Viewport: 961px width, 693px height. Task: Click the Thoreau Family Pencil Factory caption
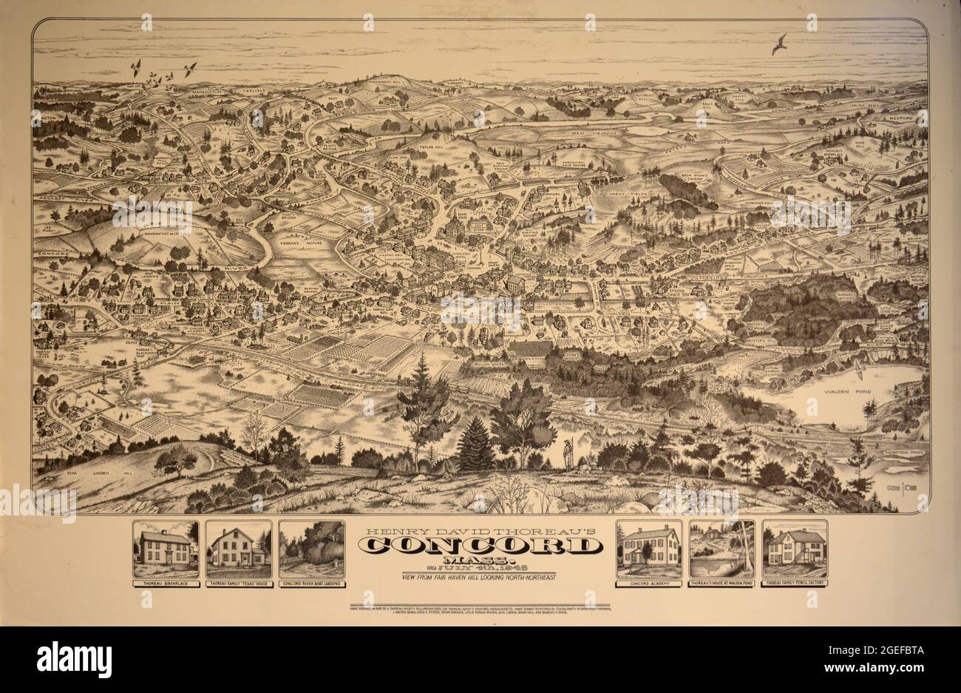click(795, 583)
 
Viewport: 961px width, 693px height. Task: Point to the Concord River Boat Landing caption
click(312, 583)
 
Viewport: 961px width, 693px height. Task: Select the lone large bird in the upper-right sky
click(779, 44)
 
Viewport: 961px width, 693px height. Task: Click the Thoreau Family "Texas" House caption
click(238, 583)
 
